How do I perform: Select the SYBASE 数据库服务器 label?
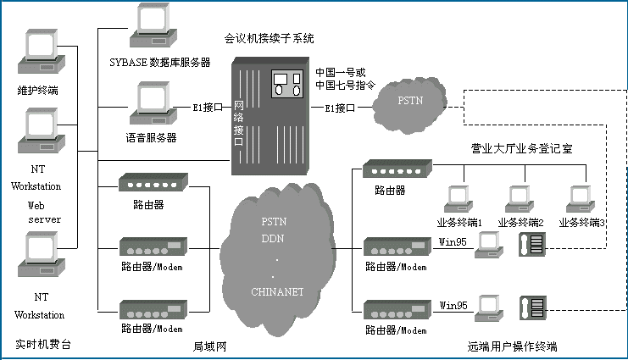(159, 64)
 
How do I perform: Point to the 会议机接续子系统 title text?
(269, 38)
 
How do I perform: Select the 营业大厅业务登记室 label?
(522, 147)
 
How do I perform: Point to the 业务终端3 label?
(581, 223)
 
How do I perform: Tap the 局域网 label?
(208, 346)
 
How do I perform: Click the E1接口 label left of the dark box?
(208, 108)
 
